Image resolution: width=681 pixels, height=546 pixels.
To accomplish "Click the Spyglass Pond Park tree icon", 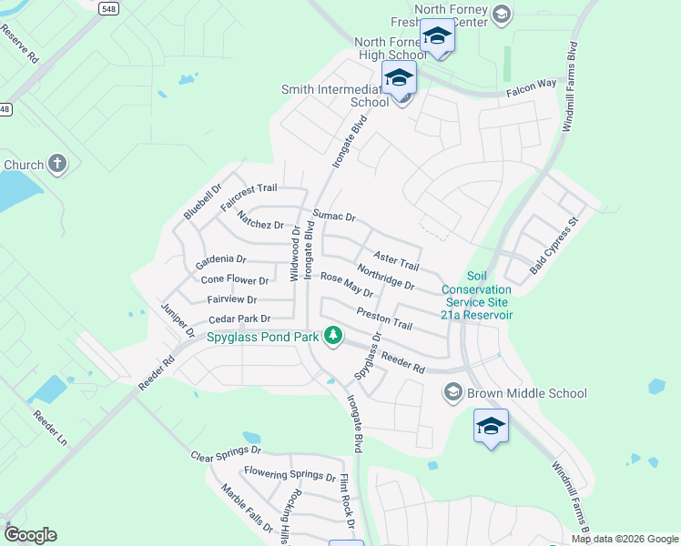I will click(x=333, y=336).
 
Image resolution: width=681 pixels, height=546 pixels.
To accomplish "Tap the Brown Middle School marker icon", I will click(x=452, y=393).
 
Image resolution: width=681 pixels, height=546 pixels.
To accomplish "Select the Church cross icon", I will click(x=57, y=165).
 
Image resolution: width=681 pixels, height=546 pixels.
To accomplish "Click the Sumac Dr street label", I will click(x=333, y=217).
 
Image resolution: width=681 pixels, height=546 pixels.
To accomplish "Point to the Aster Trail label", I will click(x=396, y=260).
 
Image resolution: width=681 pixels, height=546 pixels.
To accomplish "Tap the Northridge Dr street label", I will click(x=385, y=278).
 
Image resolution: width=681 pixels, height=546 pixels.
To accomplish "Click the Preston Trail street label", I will click(x=384, y=318).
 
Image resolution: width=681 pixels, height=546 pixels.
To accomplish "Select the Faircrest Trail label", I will click(x=249, y=188).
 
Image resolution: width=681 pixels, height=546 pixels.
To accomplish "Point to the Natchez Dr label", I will click(x=260, y=219).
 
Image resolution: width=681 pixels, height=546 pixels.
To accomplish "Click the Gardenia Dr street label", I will click(x=220, y=260).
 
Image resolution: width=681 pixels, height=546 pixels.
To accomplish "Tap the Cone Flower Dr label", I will click(x=235, y=280).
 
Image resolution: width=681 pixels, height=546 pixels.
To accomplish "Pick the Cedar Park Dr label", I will click(x=239, y=319).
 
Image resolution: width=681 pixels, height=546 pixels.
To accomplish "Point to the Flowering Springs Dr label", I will click(x=290, y=475).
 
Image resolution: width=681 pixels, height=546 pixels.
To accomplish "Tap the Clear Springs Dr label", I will click(x=226, y=451).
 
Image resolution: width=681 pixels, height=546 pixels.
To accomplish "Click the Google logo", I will click(x=30, y=535).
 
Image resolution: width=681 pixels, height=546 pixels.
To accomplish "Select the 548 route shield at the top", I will click(x=110, y=6).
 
